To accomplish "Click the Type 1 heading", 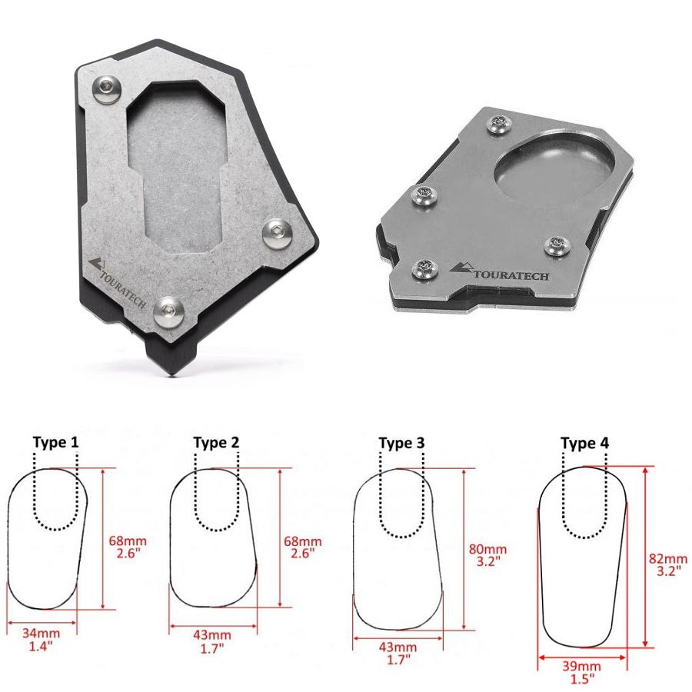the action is coord(55,442).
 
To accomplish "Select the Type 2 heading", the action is coord(216,443).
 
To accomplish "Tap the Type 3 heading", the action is coord(401,443).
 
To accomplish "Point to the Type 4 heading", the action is coord(584,443).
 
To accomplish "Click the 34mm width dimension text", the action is coord(41,633).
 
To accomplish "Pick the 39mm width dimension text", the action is coord(581,666).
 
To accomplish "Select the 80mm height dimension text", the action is coord(487,550).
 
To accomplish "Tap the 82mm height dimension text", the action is coord(667,558).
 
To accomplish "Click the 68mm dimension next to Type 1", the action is coord(128,541).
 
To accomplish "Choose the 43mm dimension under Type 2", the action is coord(212,635).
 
